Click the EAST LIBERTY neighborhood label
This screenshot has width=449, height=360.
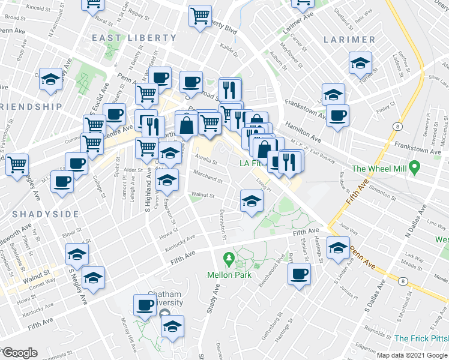pyautogui.click(x=134, y=38)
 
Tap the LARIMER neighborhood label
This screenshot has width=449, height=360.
pyautogui.click(x=349, y=40)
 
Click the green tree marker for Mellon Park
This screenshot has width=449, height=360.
pyautogui.click(x=228, y=259)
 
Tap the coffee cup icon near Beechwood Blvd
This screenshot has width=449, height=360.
pyautogui.click(x=298, y=275)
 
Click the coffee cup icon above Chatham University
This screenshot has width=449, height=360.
pyautogui.click(x=145, y=304)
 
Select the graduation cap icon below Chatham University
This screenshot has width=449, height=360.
pyautogui.click(x=172, y=326)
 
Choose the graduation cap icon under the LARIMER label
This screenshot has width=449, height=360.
pyautogui.click(x=360, y=63)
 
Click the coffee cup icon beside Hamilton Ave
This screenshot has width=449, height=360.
pyautogui.click(x=337, y=115)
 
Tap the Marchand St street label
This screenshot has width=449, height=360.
pyautogui.click(x=208, y=179)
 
